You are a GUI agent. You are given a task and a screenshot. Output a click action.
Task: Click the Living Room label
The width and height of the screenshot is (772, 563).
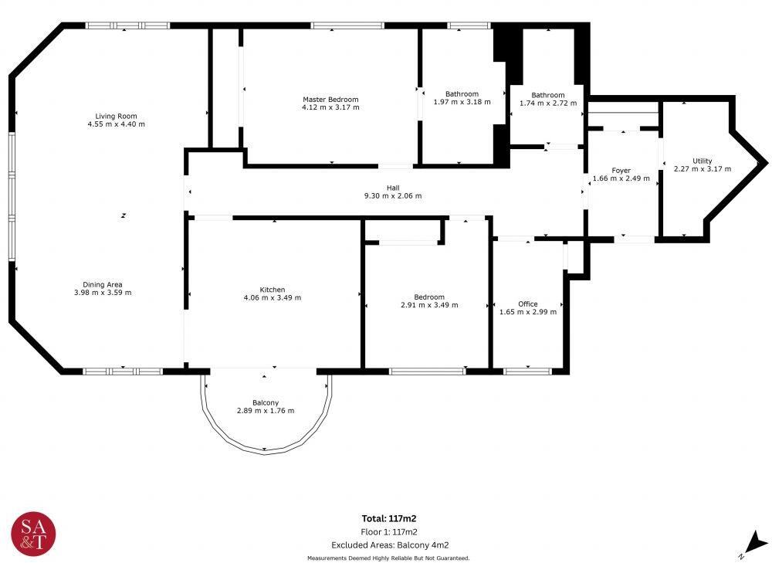tap(116, 116)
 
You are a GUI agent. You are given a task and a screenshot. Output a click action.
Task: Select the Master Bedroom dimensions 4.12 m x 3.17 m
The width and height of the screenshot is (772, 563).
tap(330, 107)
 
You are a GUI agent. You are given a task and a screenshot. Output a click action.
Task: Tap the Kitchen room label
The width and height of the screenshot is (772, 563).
tap(273, 290)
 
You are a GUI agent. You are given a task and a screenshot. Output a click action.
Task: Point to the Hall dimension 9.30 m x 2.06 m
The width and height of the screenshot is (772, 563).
tap(393, 196)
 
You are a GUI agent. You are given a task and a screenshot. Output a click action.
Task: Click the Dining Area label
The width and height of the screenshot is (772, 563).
tap(103, 284)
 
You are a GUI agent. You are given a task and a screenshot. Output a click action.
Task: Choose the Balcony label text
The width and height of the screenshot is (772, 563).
tap(265, 402)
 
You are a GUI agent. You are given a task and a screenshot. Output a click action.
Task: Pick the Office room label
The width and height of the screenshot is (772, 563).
tap(528, 304)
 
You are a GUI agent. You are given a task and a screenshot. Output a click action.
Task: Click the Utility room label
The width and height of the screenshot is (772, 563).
tap(703, 161)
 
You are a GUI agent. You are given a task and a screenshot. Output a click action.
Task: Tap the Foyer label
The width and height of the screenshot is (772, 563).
tap(621, 171)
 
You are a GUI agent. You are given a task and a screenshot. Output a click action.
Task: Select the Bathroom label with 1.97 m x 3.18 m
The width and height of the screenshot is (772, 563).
tap(462, 94)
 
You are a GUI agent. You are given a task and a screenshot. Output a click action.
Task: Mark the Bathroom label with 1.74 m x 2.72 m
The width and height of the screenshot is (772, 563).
tap(548, 95)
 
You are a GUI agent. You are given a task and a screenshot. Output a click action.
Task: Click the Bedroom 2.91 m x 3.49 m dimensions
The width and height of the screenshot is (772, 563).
tap(429, 305)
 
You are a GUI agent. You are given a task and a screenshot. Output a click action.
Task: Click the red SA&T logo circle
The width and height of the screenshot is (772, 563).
tap(33, 533)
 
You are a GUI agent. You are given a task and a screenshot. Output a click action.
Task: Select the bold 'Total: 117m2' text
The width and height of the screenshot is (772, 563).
tap(389, 519)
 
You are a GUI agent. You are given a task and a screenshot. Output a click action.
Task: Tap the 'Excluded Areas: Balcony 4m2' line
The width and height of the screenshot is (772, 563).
tap(389, 544)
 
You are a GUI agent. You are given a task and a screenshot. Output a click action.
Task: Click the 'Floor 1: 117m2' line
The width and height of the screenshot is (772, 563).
tap(389, 532)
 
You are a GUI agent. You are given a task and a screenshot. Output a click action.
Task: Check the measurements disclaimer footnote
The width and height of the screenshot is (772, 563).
tap(388, 558)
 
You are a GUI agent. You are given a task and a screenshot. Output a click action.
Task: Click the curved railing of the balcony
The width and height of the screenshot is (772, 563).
tap(265, 451)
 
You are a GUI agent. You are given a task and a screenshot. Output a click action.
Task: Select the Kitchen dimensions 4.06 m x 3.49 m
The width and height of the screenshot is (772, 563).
tap(273, 297)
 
